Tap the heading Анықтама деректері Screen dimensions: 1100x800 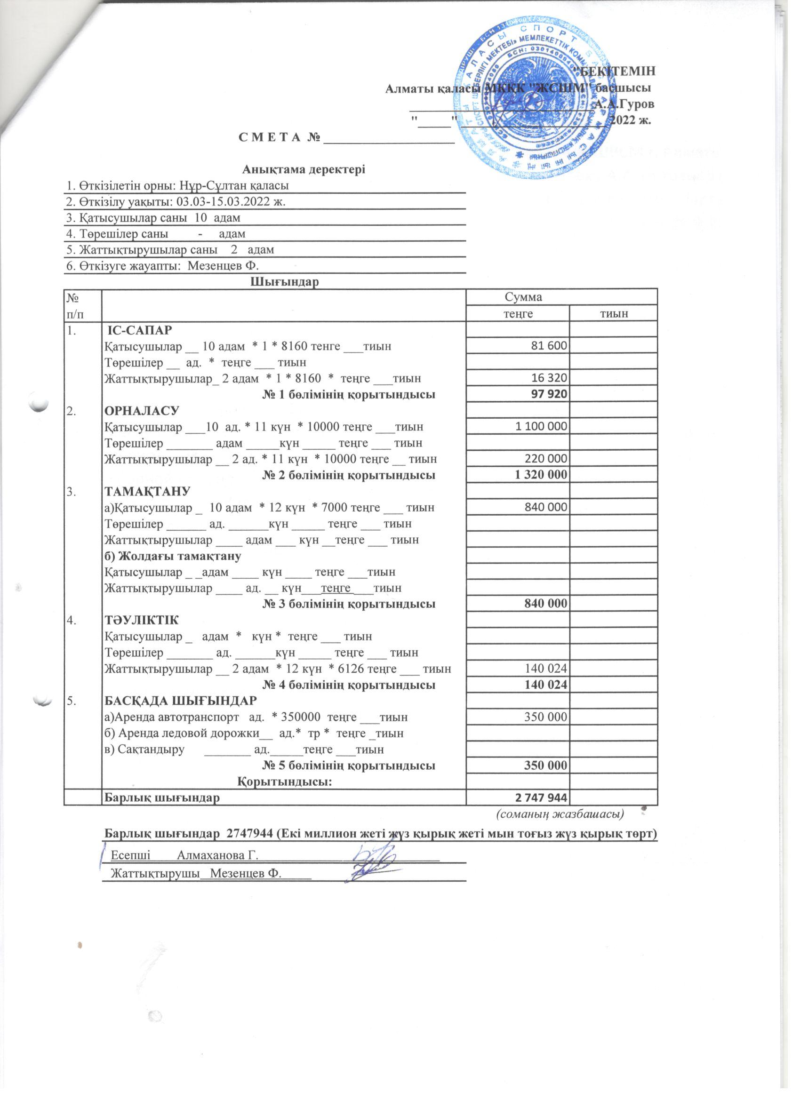point(304,170)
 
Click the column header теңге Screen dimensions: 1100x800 point(517,313)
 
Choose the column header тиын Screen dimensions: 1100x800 point(613,313)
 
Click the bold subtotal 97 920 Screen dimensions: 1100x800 point(549,394)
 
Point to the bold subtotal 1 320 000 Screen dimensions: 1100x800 point(540,475)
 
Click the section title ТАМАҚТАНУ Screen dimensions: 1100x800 point(147,491)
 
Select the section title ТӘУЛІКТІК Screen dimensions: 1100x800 point(142,620)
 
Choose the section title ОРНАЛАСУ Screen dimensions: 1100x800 point(142,411)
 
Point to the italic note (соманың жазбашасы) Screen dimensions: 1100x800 point(560,813)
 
